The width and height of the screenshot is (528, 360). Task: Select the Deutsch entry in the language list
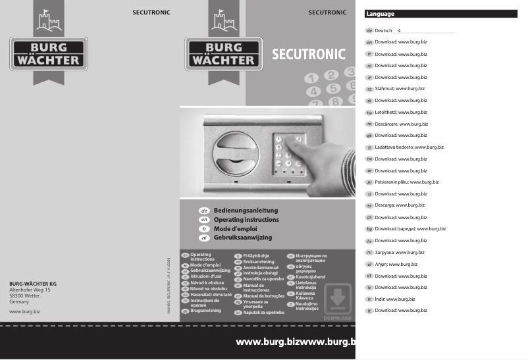383,31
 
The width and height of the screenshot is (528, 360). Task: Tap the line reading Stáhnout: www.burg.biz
399,88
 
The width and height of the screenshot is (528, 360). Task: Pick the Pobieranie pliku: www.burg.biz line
406,182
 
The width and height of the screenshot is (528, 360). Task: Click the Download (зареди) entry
409,228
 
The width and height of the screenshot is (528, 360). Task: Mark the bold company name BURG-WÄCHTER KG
34,283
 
